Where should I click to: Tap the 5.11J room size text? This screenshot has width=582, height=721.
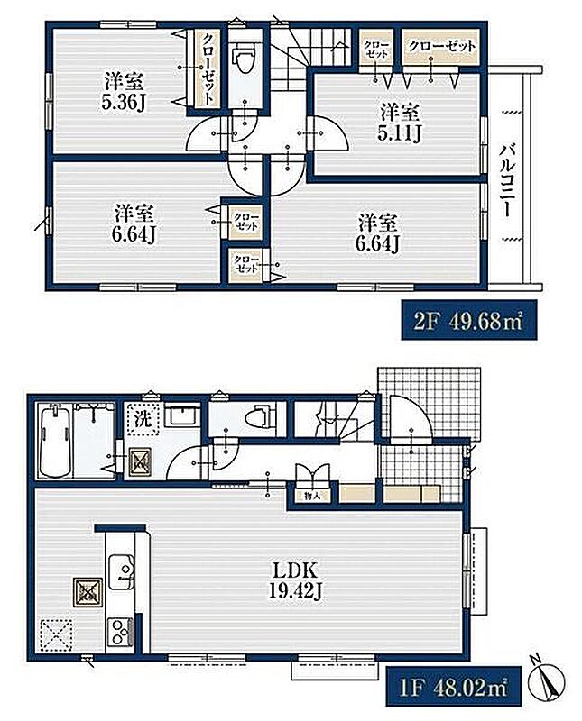[399, 132]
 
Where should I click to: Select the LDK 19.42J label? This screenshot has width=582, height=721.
[294, 580]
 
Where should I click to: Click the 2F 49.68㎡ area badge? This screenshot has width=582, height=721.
[468, 321]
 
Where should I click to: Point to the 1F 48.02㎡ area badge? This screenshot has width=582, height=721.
[453, 687]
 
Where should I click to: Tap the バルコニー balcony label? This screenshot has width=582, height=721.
[508, 179]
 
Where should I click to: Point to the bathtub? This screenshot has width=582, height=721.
[54, 443]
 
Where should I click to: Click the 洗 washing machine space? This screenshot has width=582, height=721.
[143, 419]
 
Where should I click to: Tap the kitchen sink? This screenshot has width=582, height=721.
[121, 571]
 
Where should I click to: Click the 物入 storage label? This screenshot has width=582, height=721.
[311, 496]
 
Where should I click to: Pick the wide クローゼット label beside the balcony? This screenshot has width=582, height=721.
[441, 46]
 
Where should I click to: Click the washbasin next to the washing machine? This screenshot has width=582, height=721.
[182, 415]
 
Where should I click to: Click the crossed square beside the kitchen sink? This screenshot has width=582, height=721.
[87, 592]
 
